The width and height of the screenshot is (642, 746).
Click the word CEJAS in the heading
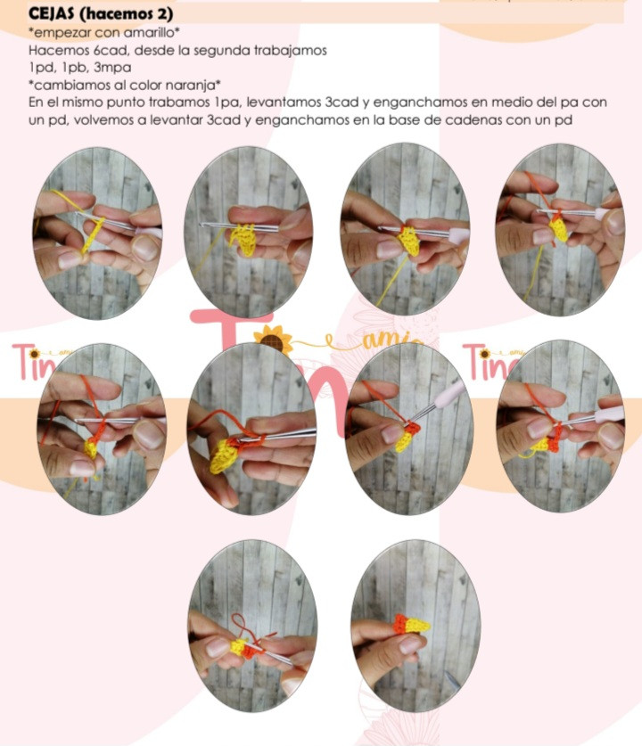click(52, 13)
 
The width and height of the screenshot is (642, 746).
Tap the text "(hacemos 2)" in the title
click(126, 13)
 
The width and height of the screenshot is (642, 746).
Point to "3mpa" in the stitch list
click(112, 68)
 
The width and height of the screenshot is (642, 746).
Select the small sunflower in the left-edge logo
click(34, 354)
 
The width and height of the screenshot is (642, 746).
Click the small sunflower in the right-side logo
click(484, 353)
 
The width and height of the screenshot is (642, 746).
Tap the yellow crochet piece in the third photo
click(409, 242)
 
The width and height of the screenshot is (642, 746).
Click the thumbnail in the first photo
click(70, 259)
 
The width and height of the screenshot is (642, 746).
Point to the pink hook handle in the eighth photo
click(608, 414)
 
